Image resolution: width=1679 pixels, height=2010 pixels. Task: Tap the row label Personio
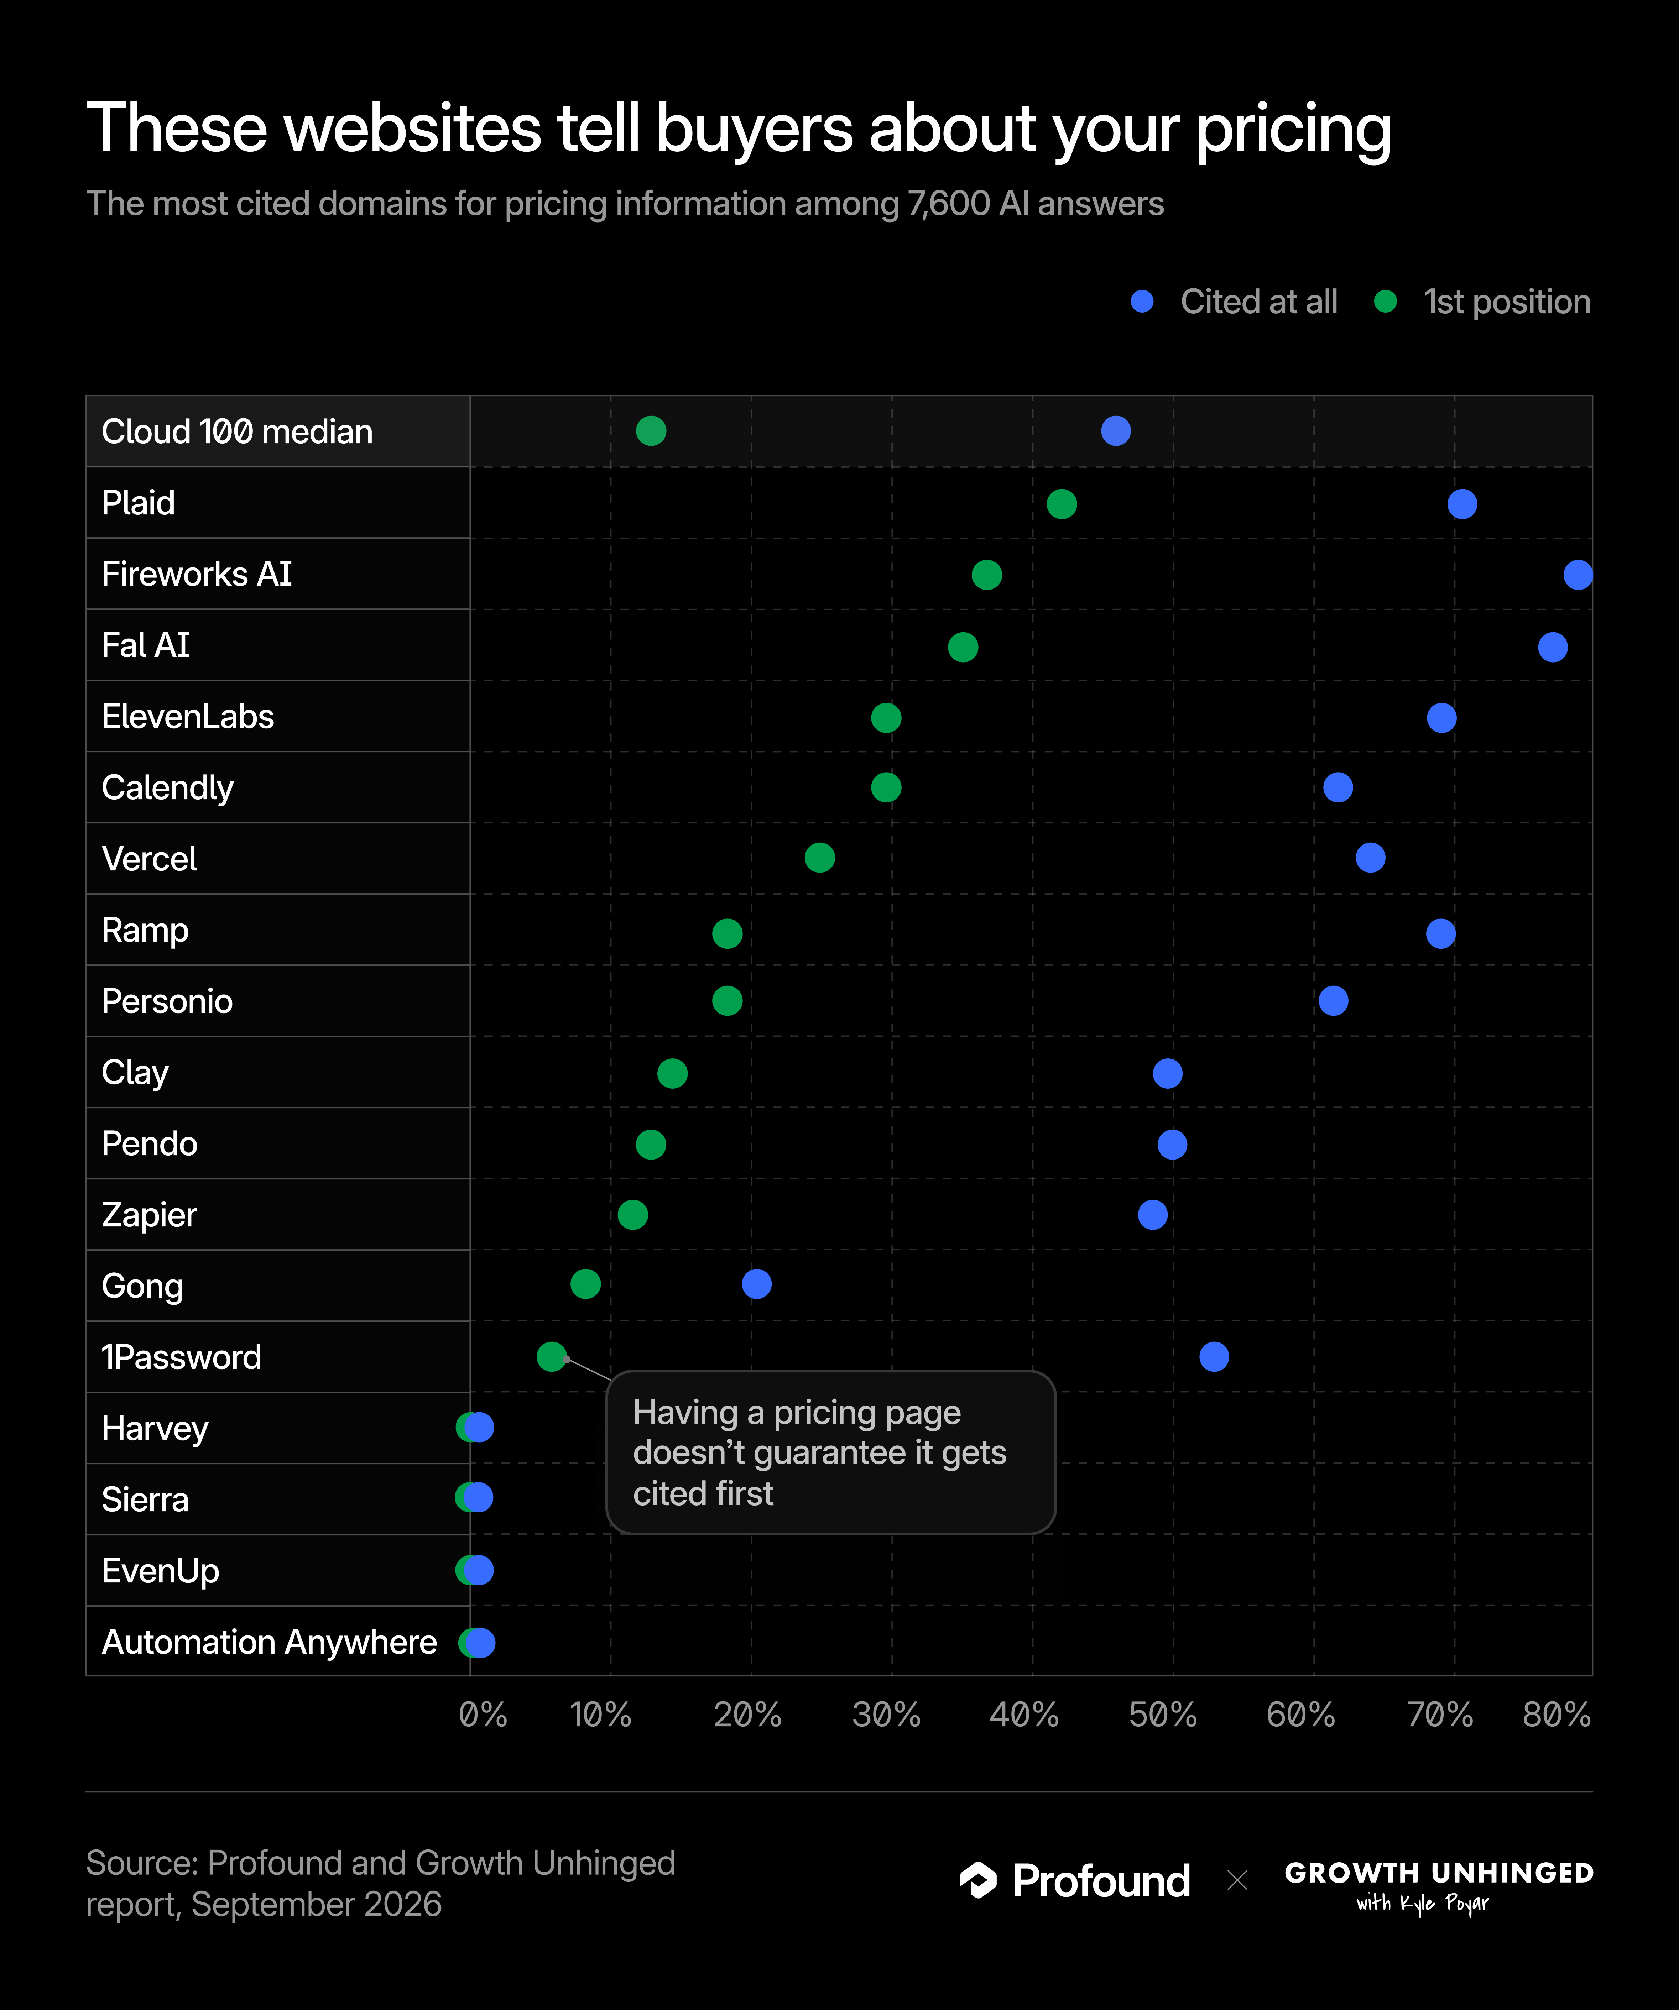(167, 1001)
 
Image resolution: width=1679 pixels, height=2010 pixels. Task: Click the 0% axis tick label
(483, 1714)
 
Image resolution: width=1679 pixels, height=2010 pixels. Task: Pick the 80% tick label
(1557, 1714)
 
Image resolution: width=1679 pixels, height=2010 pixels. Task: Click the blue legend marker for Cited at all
(1142, 302)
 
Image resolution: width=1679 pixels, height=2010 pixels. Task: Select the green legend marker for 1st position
(1385, 302)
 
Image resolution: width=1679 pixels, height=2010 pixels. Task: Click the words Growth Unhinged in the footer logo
(1439, 1873)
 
